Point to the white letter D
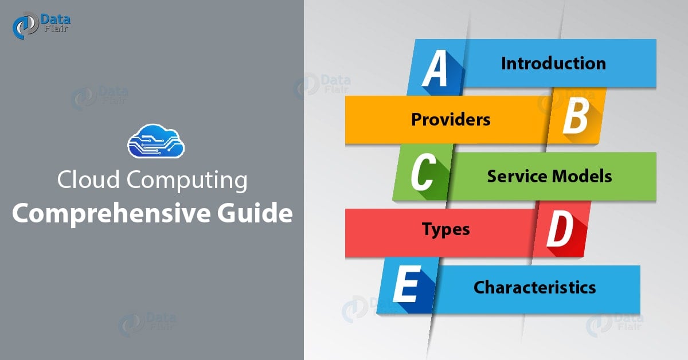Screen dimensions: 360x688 pyautogui.click(x=560, y=230)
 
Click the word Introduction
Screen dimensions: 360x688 pyautogui.click(x=553, y=63)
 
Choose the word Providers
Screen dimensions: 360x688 pyautogui.click(x=451, y=119)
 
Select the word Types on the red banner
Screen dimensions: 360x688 pyautogui.click(x=445, y=229)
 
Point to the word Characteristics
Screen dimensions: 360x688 pyautogui.click(x=534, y=287)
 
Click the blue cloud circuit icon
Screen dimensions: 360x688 pyautogui.click(x=155, y=142)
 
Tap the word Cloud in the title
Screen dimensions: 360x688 pyautogui.click(x=88, y=181)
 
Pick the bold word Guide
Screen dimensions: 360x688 pyautogui.click(x=251, y=214)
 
